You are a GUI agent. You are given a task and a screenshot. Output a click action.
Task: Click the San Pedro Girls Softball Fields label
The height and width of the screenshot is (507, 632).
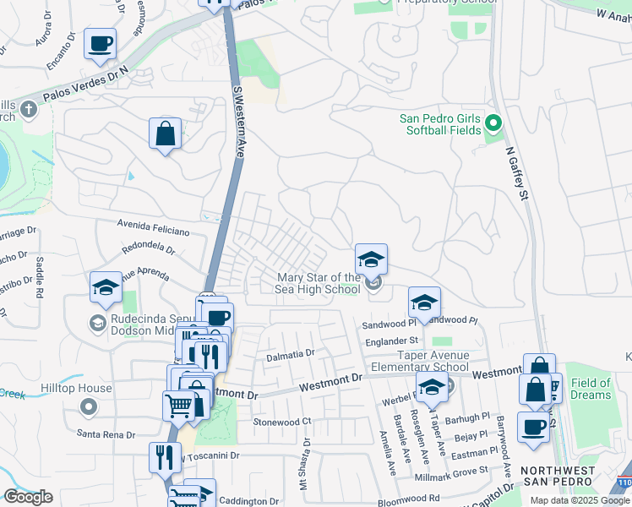pyautogui.click(x=440, y=123)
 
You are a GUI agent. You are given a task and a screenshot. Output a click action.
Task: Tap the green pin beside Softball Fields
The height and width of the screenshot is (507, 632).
pyautogui.click(x=494, y=124)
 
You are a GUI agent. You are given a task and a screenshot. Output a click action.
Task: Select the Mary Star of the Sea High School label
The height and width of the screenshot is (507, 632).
pyautogui.click(x=319, y=283)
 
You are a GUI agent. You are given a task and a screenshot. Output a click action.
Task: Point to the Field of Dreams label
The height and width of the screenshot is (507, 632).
pyautogui.click(x=591, y=390)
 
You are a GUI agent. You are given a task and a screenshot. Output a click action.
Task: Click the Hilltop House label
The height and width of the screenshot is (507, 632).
pyautogui.click(x=76, y=389)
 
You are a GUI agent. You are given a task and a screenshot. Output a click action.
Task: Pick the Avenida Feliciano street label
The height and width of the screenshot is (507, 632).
pyautogui.click(x=155, y=230)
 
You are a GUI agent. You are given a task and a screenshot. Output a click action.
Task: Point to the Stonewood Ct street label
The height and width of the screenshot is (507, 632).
pyautogui.click(x=282, y=421)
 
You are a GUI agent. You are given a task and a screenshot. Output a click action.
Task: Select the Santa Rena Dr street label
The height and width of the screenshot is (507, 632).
pyautogui.click(x=106, y=434)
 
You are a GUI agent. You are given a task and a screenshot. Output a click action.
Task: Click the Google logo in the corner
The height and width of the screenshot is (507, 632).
pyautogui.click(x=28, y=497)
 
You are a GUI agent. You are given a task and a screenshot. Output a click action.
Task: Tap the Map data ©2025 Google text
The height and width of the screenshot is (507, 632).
pyautogui.click(x=580, y=500)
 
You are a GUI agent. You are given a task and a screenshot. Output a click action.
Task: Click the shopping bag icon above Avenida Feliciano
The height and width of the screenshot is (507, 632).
pyautogui.click(x=165, y=134)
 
